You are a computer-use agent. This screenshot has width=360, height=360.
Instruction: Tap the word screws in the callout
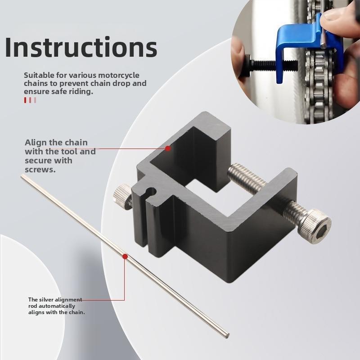[40, 170]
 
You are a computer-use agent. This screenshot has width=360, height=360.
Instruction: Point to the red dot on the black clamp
[167, 148]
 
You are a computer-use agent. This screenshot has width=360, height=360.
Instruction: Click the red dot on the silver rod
[124, 256]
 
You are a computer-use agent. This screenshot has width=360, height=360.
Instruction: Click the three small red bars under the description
[30, 100]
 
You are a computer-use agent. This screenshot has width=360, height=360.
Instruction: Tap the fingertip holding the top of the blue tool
[335, 16]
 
